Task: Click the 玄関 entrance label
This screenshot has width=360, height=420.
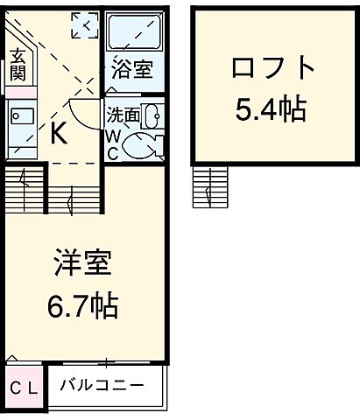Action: (18, 66)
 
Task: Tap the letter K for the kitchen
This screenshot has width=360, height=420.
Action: (60, 134)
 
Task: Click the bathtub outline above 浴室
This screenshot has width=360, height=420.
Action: (135, 35)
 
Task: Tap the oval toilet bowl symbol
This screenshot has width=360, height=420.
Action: (143, 145)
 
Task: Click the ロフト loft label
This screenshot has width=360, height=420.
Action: (270, 67)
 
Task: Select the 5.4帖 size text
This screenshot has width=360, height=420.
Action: (270, 108)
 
